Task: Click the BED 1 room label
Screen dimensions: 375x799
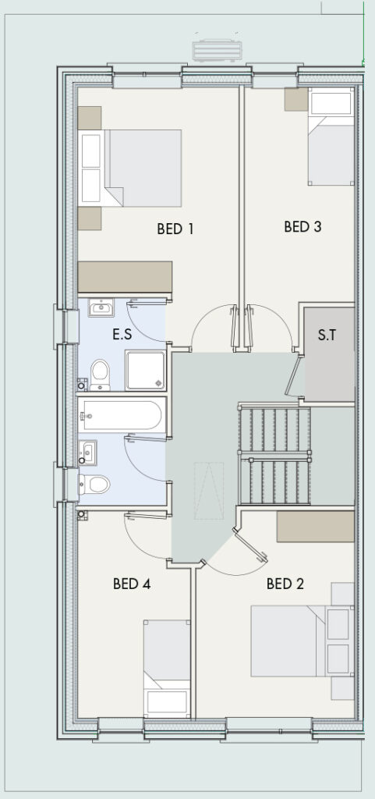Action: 175,229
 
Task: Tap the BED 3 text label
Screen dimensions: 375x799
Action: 302,227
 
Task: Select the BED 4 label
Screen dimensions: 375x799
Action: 132,584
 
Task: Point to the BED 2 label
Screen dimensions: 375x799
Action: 285,584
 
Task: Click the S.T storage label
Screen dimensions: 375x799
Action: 327,335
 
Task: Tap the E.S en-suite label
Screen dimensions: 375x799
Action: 122,335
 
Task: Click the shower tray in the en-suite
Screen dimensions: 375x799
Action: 146,370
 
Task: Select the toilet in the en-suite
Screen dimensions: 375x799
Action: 100,375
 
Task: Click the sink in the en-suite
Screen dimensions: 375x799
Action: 101,307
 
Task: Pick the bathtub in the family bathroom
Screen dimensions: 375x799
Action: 122,415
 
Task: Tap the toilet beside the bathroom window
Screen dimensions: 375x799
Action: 94,484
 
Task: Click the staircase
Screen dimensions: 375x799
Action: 274,455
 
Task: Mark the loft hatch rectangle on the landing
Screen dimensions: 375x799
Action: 209,491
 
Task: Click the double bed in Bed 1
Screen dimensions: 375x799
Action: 129,169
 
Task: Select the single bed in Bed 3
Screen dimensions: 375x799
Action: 331,137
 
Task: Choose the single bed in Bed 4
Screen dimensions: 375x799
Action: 167,669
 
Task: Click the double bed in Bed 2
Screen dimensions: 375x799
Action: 302,641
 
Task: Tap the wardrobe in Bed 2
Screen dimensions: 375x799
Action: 316,527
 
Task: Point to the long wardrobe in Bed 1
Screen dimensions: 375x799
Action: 125,277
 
